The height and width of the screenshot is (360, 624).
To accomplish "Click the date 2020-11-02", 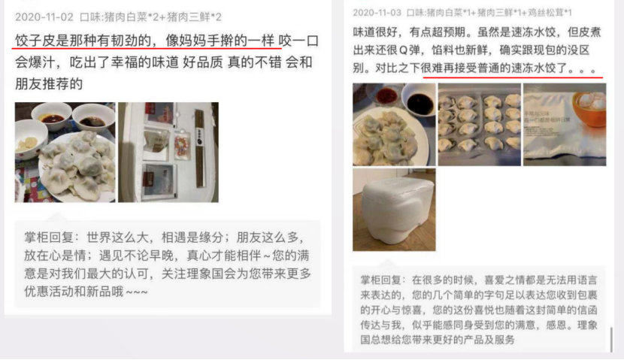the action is point(44,17).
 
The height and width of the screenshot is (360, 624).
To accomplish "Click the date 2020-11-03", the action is point(377,13).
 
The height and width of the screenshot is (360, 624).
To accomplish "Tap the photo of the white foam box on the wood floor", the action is point(394,210).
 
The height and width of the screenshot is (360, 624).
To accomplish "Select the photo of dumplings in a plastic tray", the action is point(479,125).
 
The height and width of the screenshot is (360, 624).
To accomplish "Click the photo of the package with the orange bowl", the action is point(565,125).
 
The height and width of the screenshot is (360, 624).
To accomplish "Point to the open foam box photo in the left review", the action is point(168,153).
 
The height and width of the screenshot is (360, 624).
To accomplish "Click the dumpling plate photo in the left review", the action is point(65,153).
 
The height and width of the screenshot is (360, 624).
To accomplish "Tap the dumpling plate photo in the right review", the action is point(394,125).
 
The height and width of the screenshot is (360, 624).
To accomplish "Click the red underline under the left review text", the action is point(147,49).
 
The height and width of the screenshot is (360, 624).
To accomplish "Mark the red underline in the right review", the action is point(513,77).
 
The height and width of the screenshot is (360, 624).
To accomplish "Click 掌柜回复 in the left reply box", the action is point(49,237).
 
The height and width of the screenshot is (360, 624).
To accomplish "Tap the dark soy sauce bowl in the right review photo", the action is point(420,101).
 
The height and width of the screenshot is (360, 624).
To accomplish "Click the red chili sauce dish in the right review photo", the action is point(384,95).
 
